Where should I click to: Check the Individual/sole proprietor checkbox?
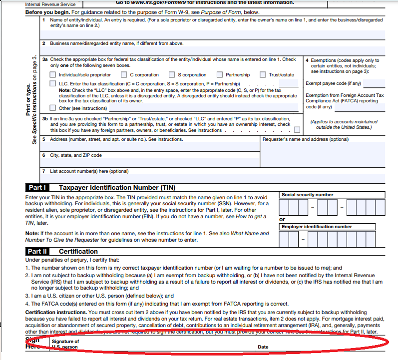tap(53, 75)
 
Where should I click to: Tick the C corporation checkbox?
tap(124, 75)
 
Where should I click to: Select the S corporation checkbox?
tap(172, 75)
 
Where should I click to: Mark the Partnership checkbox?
tap(219, 75)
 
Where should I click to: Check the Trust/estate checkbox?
tap(263, 75)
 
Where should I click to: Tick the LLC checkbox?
tap(53, 83)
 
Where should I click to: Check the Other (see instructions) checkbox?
tap(53, 108)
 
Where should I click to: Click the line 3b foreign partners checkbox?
tap(297, 130)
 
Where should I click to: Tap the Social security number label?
tap(307, 195)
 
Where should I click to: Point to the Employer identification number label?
tap(317, 227)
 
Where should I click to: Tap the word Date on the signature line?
tap(263, 347)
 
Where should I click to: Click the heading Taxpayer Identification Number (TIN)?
tap(117, 188)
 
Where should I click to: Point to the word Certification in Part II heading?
tap(78, 252)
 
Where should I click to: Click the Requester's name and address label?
tap(306, 139)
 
